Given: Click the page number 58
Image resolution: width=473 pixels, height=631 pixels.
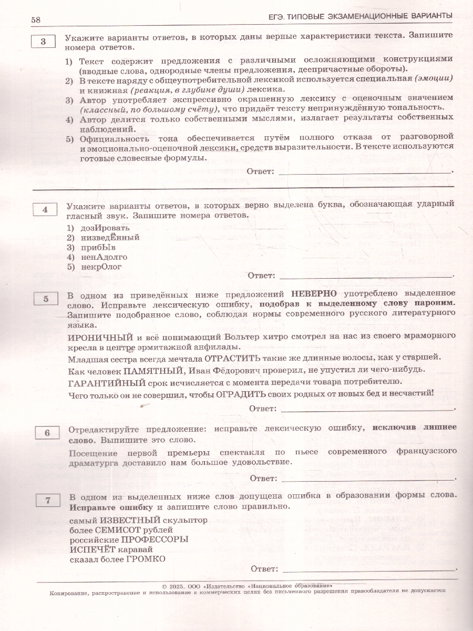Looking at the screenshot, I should pos(36,19).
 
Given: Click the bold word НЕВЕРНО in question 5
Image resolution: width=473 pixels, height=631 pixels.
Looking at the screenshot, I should pos(314,293).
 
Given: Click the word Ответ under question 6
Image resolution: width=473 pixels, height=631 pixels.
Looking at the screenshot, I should pos(263,478).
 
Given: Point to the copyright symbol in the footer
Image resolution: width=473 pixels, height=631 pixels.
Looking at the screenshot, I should pos(164,584).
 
